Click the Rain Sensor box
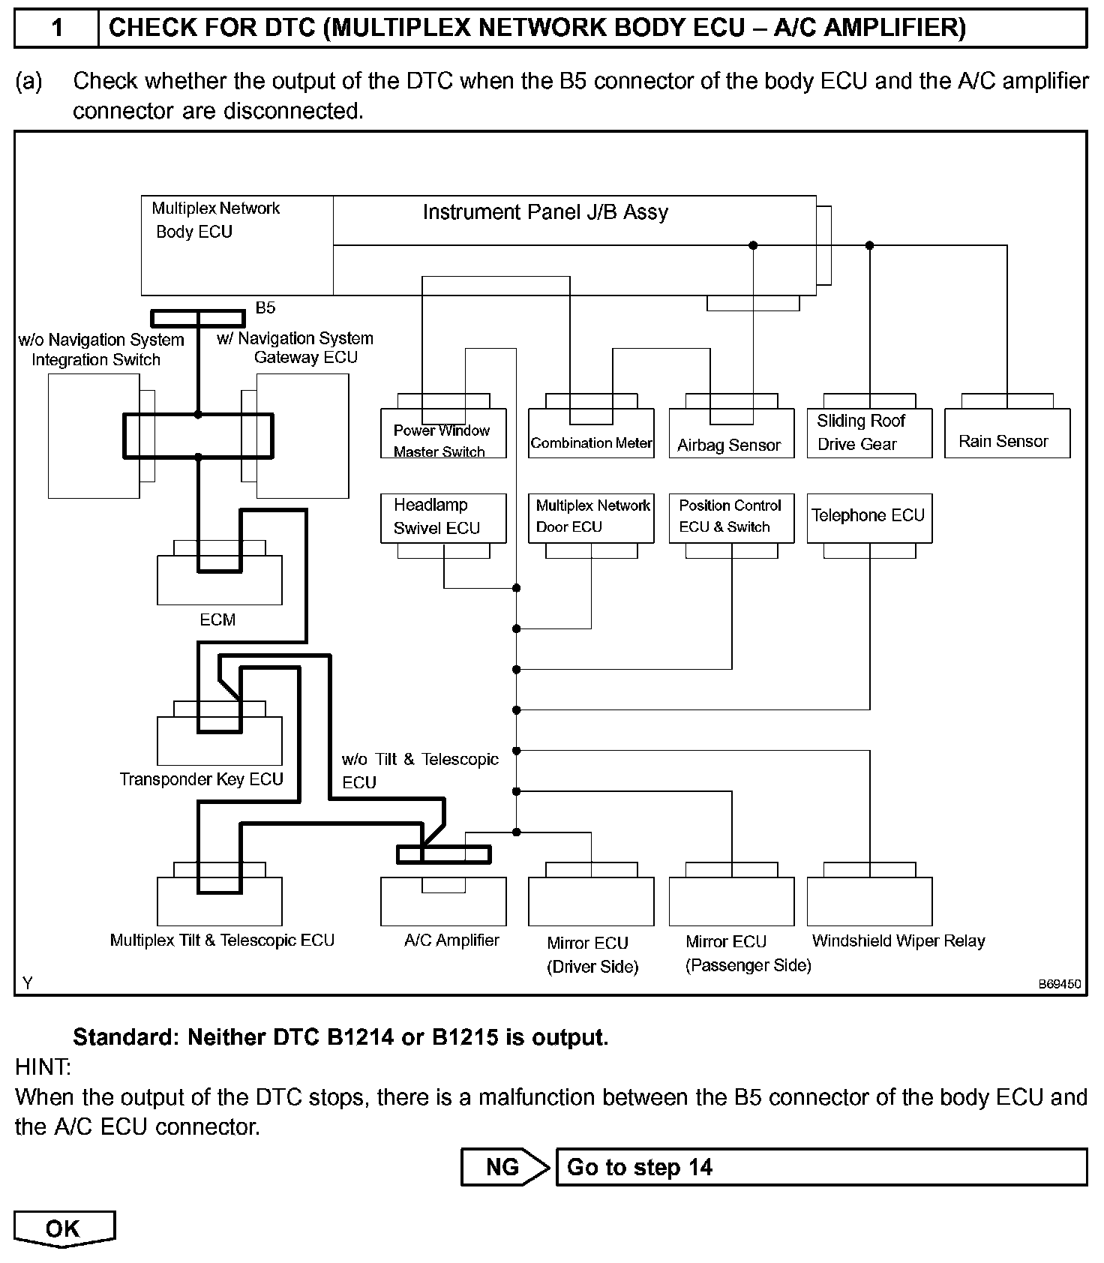click(x=1006, y=433)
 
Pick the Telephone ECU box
click(x=869, y=517)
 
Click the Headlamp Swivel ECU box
click(x=443, y=517)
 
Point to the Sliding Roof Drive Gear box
click(x=869, y=433)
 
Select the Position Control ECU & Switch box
click(x=731, y=517)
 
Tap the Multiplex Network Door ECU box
click(x=591, y=517)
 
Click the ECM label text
click(x=217, y=620)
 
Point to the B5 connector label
click(x=265, y=307)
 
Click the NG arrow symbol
click(x=504, y=1167)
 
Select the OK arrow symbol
click(x=64, y=1228)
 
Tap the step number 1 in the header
click(x=57, y=28)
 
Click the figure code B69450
click(x=1059, y=984)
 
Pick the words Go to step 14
click(x=639, y=1168)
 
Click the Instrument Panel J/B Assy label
click(x=545, y=213)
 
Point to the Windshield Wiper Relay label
click(x=898, y=941)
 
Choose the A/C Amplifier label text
click(x=451, y=940)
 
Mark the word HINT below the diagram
click(x=43, y=1066)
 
